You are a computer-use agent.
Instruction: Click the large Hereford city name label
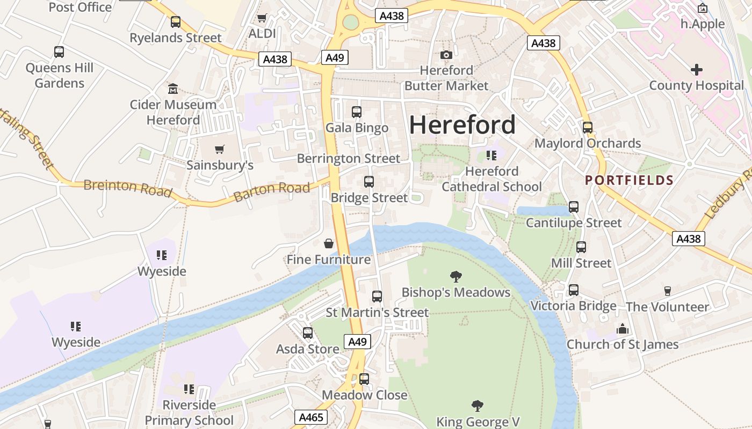click(x=462, y=125)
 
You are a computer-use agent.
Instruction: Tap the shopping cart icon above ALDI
click(x=262, y=18)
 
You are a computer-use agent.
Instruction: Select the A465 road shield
click(x=310, y=417)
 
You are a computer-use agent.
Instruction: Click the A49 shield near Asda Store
click(x=357, y=342)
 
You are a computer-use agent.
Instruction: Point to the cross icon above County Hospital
click(x=696, y=70)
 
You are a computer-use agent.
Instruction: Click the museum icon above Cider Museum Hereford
click(x=173, y=88)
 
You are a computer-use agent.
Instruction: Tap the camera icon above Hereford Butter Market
click(x=446, y=55)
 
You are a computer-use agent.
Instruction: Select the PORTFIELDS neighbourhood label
click(x=629, y=180)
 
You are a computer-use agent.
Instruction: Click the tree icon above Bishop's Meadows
click(x=455, y=277)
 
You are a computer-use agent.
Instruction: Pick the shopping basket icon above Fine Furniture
click(x=329, y=244)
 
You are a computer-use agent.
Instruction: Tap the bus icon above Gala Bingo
click(x=356, y=112)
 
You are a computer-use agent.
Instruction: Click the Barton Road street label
click(x=272, y=191)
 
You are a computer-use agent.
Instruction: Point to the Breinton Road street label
click(x=127, y=188)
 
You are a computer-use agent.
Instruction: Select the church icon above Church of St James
click(x=622, y=329)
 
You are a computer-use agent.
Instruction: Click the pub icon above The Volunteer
click(x=667, y=291)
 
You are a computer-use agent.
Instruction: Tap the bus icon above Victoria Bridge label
click(x=573, y=290)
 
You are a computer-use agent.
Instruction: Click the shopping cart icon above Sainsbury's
click(x=219, y=149)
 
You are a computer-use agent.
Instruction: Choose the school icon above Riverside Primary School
click(x=189, y=389)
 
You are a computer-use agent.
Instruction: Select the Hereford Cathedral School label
click(x=491, y=179)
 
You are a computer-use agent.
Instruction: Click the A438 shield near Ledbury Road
click(x=688, y=239)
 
